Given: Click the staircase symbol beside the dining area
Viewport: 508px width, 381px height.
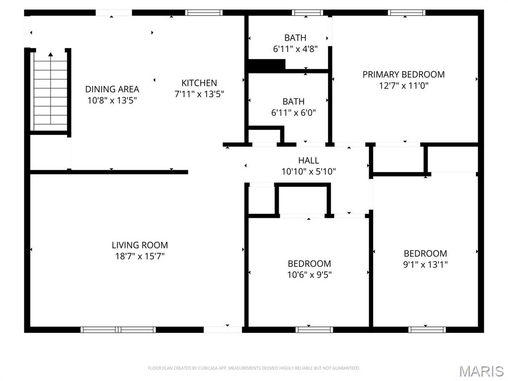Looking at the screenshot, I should click(x=50, y=92).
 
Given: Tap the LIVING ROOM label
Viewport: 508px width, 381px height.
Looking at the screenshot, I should click(x=140, y=245).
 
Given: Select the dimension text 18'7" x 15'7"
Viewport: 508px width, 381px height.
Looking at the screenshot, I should click(x=140, y=256).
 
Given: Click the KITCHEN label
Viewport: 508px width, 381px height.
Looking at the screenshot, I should click(x=199, y=83).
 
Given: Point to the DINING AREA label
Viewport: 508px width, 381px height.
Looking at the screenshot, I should click(x=112, y=89).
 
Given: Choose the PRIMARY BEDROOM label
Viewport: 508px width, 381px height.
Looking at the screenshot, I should click(x=403, y=74).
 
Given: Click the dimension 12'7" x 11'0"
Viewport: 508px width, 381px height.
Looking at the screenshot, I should click(x=403, y=85).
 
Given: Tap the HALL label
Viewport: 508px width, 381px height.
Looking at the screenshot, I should click(x=309, y=161).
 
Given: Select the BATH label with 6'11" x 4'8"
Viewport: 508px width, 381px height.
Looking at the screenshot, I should click(x=295, y=38).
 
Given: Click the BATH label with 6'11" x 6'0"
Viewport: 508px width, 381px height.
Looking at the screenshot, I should click(x=294, y=102).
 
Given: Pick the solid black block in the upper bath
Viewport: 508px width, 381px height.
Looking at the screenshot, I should click(x=266, y=65).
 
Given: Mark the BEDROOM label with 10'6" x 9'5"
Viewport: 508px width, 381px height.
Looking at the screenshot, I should click(x=310, y=263).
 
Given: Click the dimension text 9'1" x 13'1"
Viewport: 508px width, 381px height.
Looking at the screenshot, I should click(x=425, y=264).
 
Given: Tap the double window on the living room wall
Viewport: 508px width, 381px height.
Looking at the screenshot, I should click(x=118, y=329).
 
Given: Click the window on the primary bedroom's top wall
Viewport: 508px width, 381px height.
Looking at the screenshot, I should click(x=406, y=12).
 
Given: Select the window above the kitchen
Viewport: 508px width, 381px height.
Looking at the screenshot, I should click(x=204, y=12).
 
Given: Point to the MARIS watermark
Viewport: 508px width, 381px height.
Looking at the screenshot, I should click(x=481, y=371).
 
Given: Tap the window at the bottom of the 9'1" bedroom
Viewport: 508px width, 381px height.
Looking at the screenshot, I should click(x=427, y=329).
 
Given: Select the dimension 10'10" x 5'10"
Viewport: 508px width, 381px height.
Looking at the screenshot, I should click(x=309, y=172).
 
